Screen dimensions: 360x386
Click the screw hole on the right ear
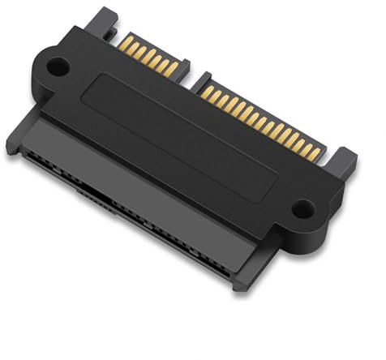(301, 209)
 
